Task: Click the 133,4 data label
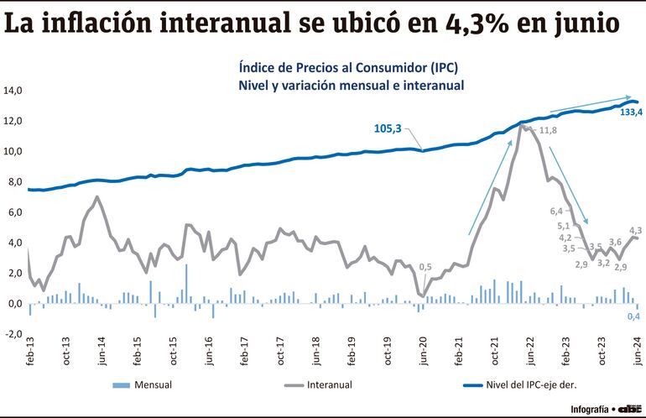pyautogui.click(x=631, y=112)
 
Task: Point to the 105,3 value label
pyautogui.click(x=388, y=128)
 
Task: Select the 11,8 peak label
pyautogui.click(x=548, y=130)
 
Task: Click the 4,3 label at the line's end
pyautogui.click(x=635, y=229)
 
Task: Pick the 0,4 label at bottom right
pyautogui.click(x=636, y=316)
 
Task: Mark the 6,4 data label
pyautogui.click(x=556, y=211)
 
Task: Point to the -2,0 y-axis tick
pyautogui.click(x=13, y=334)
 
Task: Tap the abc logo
pyautogui.click(x=629, y=409)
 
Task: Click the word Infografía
pyautogui.click(x=589, y=409)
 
